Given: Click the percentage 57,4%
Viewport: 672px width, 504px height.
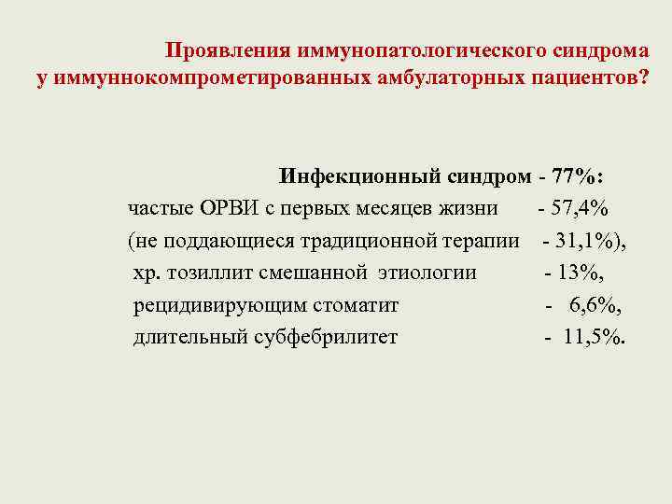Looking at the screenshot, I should [581, 208].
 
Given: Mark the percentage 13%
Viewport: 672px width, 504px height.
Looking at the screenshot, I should [581, 273].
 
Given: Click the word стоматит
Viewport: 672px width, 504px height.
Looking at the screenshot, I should [359, 304].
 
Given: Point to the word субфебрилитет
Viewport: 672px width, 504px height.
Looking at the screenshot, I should [326, 336].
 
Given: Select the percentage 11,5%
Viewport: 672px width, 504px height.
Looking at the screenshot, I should [594, 336].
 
